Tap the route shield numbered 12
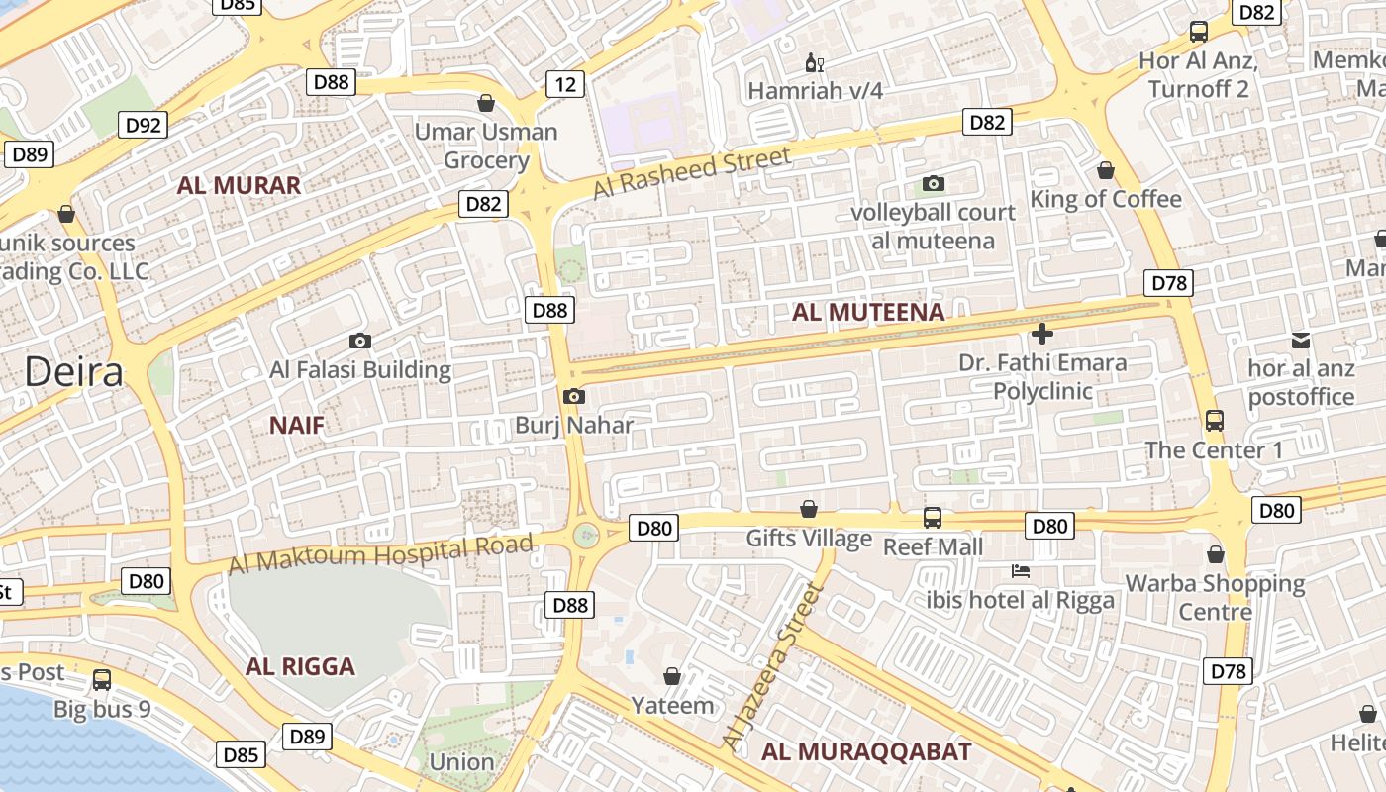tap(564, 84)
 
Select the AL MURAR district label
tap(239, 185)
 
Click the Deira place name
tap(74, 372)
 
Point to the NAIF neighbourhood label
tap(297, 426)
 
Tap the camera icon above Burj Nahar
tap(573, 397)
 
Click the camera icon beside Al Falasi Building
tap(360, 341)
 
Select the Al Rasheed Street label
tap(693, 171)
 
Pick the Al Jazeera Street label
tap(774, 665)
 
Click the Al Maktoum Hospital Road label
tap(381, 553)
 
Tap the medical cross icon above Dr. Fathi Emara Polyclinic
tap(1041, 334)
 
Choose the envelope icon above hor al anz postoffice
tap(1301, 341)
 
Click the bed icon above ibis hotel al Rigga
tap(1021, 571)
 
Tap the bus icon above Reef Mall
tap(933, 517)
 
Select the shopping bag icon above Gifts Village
tap(809, 509)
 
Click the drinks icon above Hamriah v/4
tap(815, 63)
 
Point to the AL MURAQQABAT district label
tap(866, 751)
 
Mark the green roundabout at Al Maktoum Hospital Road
tap(586, 536)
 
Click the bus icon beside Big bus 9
tap(102, 680)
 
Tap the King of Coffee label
tap(1106, 199)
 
